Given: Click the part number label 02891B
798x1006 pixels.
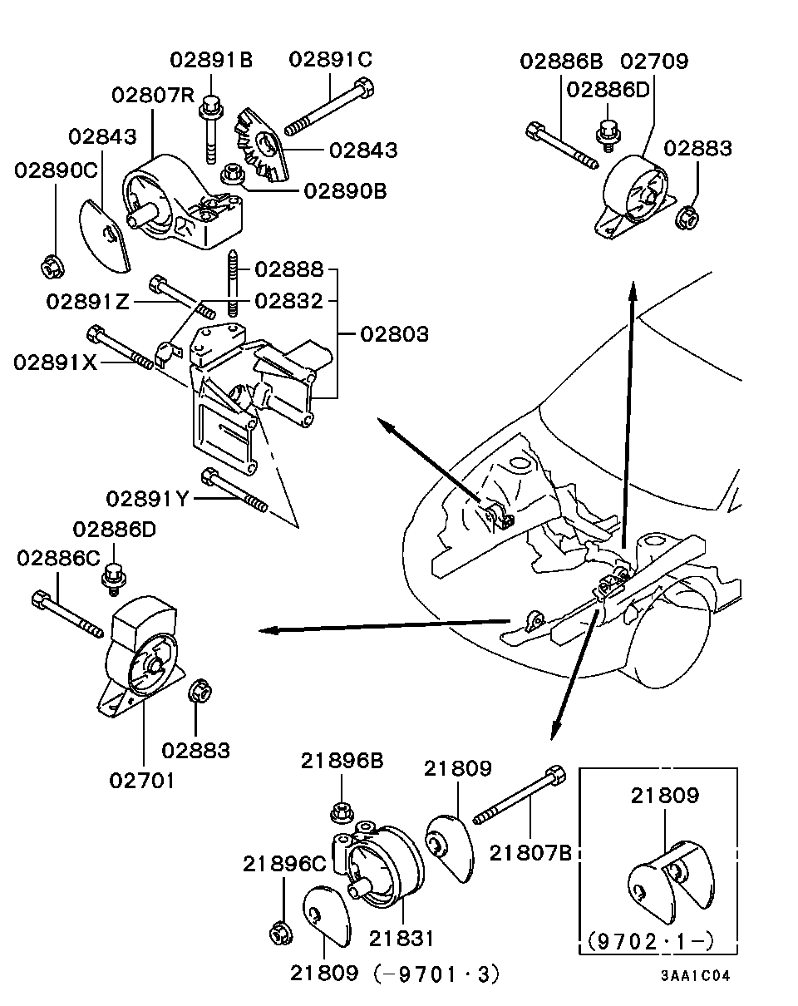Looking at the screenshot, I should pyautogui.click(x=211, y=60).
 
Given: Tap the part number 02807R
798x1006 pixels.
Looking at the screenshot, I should pyautogui.click(x=153, y=94).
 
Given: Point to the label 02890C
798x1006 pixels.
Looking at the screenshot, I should pyautogui.click(x=56, y=170).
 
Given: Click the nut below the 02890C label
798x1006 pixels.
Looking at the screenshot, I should pyautogui.click(x=50, y=267).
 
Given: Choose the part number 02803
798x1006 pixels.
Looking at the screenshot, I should pyautogui.click(x=394, y=335).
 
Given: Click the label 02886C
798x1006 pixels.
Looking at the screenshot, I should pyautogui.click(x=57, y=559).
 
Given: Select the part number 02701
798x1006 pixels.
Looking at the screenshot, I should pyautogui.click(x=142, y=781).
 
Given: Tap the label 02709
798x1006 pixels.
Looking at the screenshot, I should pyautogui.click(x=654, y=62).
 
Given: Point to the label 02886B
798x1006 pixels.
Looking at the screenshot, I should pyautogui.click(x=562, y=62).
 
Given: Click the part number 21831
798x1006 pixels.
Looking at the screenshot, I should pyautogui.click(x=401, y=939).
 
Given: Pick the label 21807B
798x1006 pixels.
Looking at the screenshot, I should pyautogui.click(x=530, y=852).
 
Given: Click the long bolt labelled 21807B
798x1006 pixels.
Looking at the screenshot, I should pyautogui.click(x=520, y=796).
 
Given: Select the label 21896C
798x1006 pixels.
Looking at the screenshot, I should pyautogui.click(x=284, y=865).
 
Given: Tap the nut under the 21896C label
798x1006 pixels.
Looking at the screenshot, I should pyautogui.click(x=279, y=933).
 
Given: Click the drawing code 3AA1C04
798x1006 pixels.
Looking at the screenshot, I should pyautogui.click(x=696, y=977).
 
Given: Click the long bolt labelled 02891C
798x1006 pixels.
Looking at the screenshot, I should pyautogui.click(x=330, y=107).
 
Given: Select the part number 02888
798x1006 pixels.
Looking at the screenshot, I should pyautogui.click(x=288, y=269).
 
